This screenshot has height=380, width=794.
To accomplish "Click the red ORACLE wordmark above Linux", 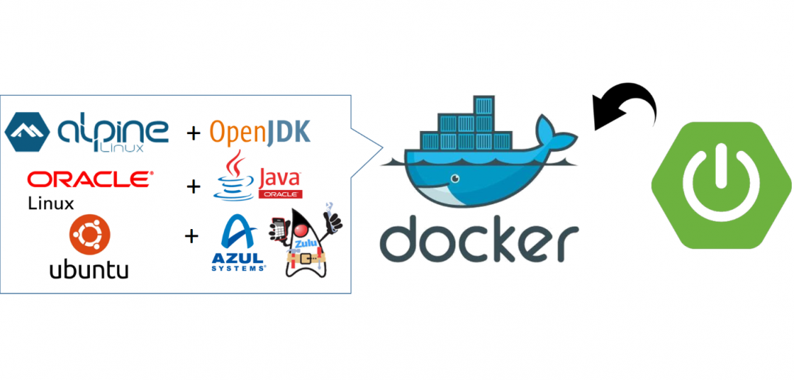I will [x=90, y=179].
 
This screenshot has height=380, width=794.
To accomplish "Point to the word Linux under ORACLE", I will [x=51, y=203].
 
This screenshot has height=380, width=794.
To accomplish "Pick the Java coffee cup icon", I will [x=233, y=177].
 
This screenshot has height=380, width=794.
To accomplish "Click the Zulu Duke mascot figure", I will [x=306, y=250].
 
